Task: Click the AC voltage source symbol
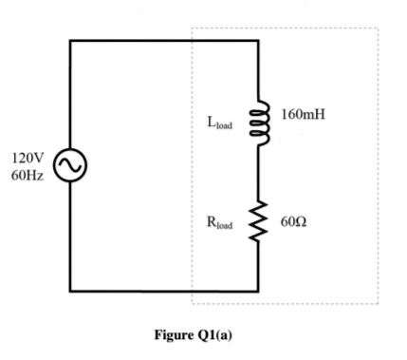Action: click(x=70, y=165)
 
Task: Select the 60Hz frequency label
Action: click(x=28, y=178)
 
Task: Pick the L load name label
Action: click(x=219, y=123)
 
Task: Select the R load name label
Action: click(x=219, y=224)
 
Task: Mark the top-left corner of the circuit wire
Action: click(x=70, y=42)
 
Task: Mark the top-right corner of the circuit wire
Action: click(x=258, y=42)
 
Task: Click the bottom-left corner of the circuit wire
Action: click(x=70, y=292)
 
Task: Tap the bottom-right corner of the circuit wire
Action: click(x=258, y=292)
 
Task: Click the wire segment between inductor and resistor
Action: click(x=258, y=176)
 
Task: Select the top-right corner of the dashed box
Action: click(x=378, y=28)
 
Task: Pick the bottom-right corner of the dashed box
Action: click(x=378, y=304)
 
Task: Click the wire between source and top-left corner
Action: click(x=70, y=95)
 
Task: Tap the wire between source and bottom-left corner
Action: click(x=70, y=237)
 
